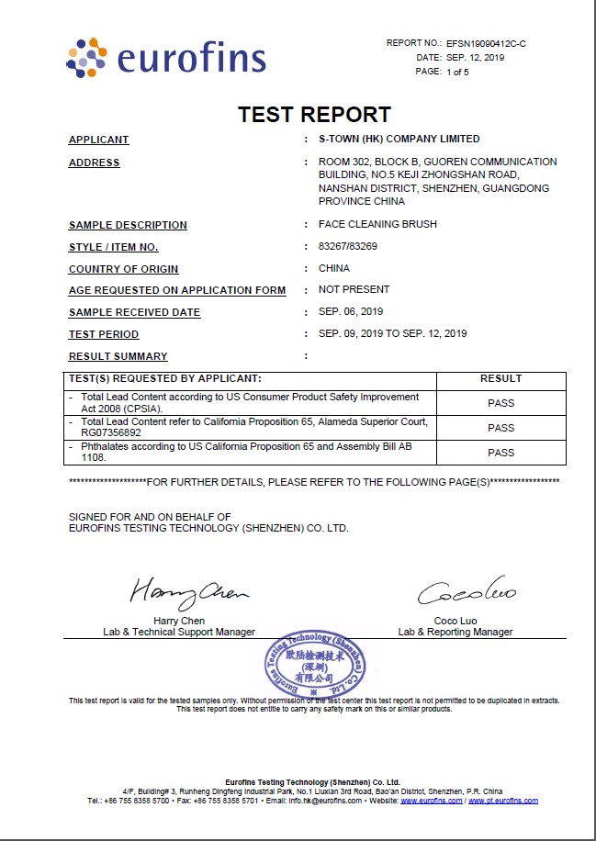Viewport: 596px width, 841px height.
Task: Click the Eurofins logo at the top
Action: click(x=165, y=58)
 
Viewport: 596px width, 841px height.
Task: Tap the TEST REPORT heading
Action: click(x=314, y=115)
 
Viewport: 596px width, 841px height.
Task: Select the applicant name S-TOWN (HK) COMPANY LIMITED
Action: click(x=399, y=140)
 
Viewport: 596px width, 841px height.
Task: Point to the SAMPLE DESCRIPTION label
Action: click(x=128, y=225)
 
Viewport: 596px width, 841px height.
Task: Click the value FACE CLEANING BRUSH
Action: click(x=377, y=224)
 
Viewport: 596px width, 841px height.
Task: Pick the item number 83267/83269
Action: click(x=348, y=247)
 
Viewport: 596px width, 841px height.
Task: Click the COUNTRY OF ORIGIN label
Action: click(x=123, y=269)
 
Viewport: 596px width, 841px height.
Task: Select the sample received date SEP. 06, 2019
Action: click(x=351, y=311)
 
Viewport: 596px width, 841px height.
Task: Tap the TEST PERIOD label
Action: click(x=104, y=334)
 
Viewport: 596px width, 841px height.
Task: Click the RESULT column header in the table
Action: click(x=500, y=378)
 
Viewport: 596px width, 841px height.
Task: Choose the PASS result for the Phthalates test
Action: click(x=500, y=453)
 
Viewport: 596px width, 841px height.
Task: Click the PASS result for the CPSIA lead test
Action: click(x=500, y=403)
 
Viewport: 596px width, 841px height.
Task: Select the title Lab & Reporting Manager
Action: click(x=455, y=632)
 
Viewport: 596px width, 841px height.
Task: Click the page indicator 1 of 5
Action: click(x=456, y=72)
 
